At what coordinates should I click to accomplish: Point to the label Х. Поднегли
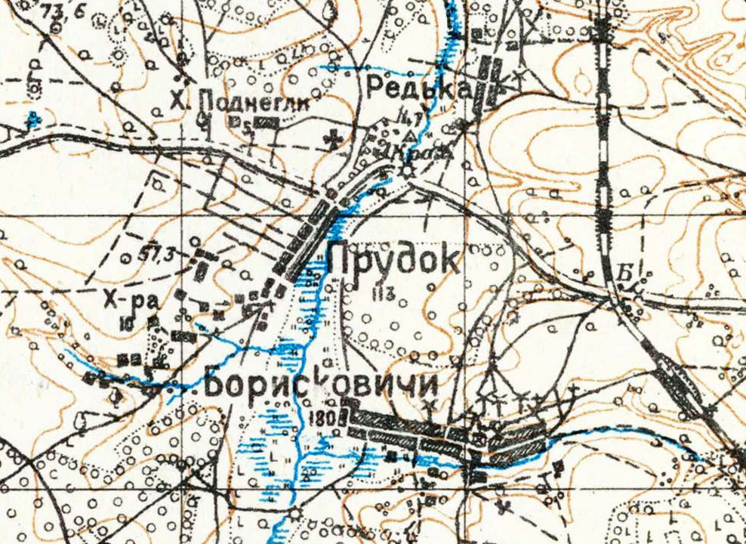tap(239, 100)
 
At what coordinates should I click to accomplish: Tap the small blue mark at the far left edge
tap(32, 119)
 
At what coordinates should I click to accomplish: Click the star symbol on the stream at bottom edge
tap(294, 513)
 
